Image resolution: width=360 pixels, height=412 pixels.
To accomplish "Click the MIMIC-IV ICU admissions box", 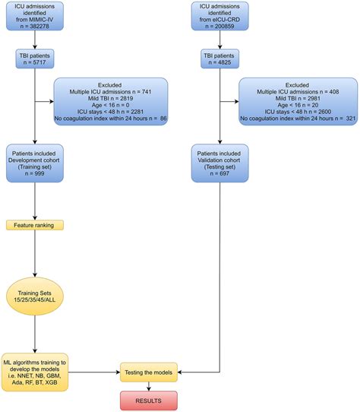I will [x=35, y=18].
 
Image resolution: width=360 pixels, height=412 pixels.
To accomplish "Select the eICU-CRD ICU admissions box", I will [x=219, y=18].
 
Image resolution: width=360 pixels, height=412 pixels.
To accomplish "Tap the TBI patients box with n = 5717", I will [x=35, y=60].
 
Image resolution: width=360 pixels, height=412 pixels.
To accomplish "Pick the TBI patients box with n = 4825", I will [x=219, y=60].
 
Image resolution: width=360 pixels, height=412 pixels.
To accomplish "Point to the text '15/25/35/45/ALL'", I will [x=35, y=299].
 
